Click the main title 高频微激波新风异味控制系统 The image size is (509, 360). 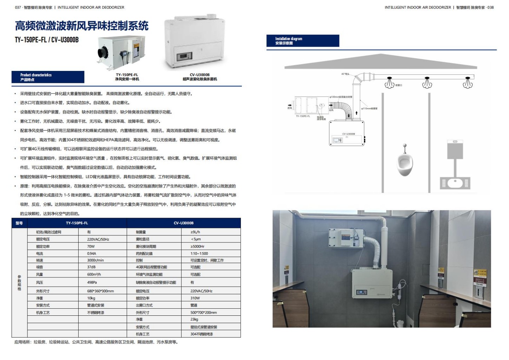pyautogui.click(x=81, y=26)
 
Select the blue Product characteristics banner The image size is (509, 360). pyautogui.click(x=48, y=77)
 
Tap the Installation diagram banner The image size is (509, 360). pyautogui.click(x=302, y=41)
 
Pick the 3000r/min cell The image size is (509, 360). pyautogui.click(x=95, y=260)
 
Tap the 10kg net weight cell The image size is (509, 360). pyautogui.click(x=91, y=298)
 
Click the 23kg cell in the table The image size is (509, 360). pyautogui.click(x=194, y=319)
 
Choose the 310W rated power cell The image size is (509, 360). pyautogui.click(x=195, y=298)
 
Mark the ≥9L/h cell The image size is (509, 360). pyautogui.click(x=195, y=232)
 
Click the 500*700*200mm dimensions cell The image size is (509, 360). pyautogui.click(x=203, y=312)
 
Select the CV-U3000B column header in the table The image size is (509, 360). pyautogui.click(x=184, y=223)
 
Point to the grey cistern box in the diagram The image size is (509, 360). pyautogui.click(x=455, y=149)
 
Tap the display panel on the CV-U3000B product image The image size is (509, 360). pyautogui.click(x=184, y=55)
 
